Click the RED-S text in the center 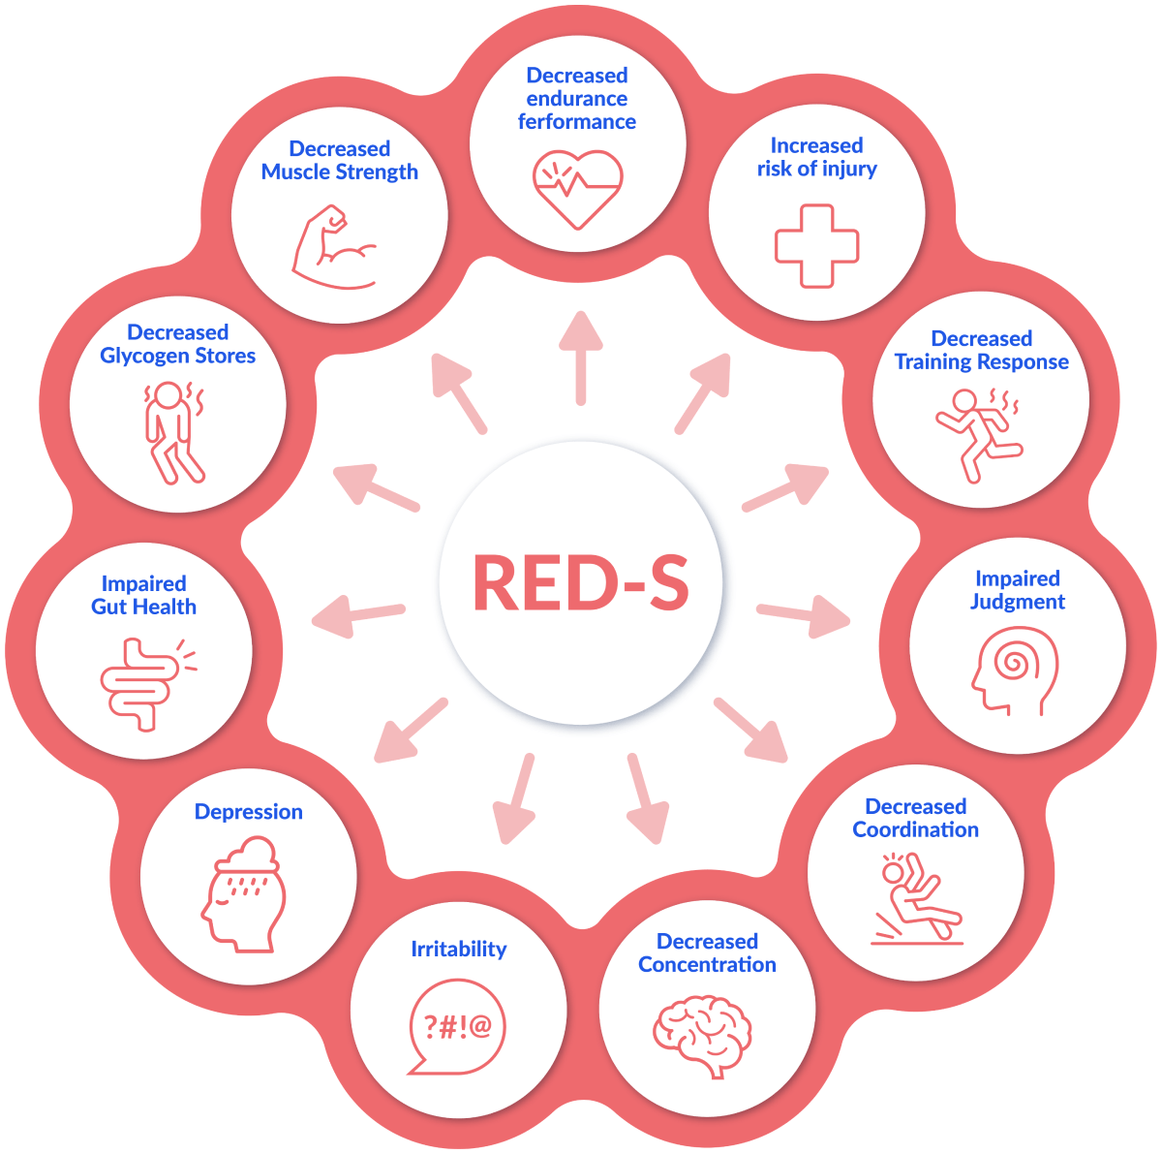point(580,583)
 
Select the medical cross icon point(816,246)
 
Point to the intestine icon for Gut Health point(143,682)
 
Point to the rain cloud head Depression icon point(243,891)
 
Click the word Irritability point(458,950)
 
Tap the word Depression point(249,812)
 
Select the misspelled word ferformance point(577,122)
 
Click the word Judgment point(1018,602)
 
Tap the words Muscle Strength point(340,172)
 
